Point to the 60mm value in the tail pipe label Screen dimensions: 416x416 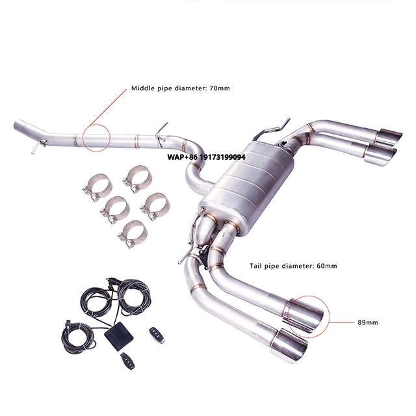point(325,266)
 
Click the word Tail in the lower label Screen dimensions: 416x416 point(257,266)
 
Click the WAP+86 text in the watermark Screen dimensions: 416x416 point(179,157)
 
